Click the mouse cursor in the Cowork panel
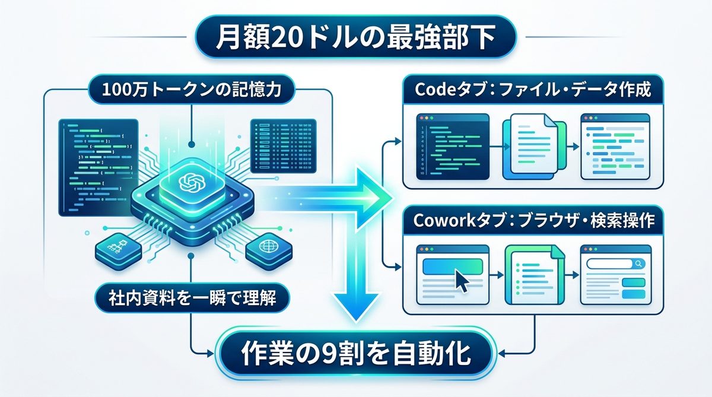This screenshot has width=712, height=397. click(461, 279)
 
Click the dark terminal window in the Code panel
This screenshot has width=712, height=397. click(452, 145)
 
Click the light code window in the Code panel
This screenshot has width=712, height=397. click(615, 145)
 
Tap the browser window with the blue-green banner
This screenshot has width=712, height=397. click(452, 275)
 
